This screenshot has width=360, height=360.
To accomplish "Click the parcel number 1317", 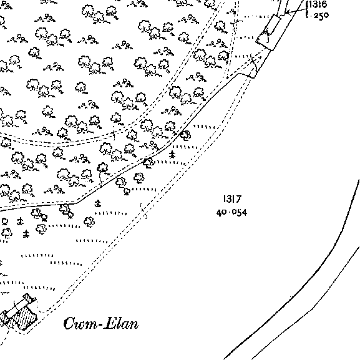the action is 232,199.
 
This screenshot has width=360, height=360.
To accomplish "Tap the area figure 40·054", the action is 232,213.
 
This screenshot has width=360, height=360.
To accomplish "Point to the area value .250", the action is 319,16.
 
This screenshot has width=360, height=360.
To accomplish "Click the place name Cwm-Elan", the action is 101,323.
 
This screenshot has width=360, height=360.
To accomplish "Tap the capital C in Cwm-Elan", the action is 69,323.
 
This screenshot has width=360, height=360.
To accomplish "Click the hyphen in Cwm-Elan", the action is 97,325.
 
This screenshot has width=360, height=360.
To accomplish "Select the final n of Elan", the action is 134,325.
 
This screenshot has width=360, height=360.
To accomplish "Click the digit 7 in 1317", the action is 238,199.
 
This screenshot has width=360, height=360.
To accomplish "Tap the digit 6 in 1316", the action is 324,4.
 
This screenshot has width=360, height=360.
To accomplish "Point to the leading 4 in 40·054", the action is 219,213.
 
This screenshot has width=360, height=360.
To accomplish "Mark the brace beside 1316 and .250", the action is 307,9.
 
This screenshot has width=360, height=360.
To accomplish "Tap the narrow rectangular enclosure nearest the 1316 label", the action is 268,32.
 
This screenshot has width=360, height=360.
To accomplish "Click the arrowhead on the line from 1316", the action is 286,12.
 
